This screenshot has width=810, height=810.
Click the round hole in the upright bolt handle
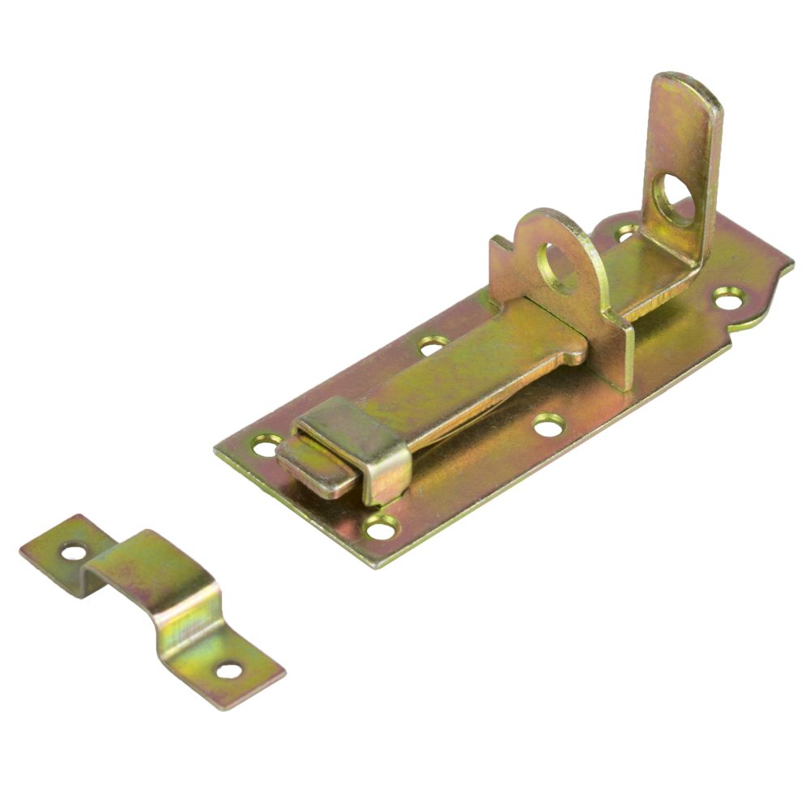[671, 199]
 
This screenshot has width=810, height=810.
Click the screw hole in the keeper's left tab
[74, 552]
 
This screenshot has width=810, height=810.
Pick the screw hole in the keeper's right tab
[229, 671]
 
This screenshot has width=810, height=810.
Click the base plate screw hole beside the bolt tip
[266, 444]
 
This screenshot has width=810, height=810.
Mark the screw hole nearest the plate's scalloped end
[726, 298]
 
